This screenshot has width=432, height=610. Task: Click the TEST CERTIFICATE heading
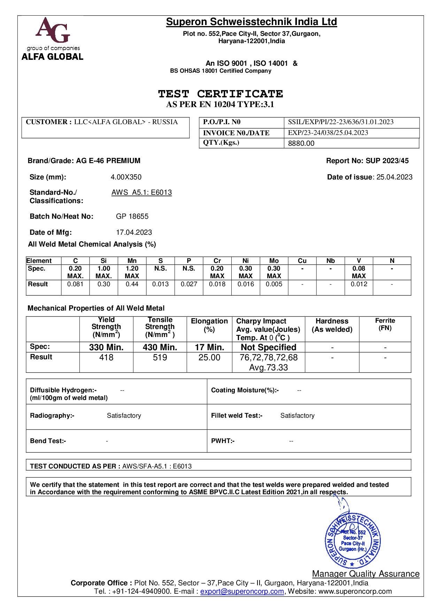pos(220,94)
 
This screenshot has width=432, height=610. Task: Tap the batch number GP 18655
pos(132,216)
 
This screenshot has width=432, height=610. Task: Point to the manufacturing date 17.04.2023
pos(134,232)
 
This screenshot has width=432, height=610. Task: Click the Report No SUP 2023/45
pos(367,161)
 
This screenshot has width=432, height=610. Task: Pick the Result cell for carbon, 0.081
pos(75,284)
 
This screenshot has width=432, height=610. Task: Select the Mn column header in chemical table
pos(132,261)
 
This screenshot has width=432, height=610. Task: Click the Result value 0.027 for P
pos(189,284)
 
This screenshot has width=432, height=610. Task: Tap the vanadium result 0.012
pos(358,284)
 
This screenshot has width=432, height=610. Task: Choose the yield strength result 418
pos(106,358)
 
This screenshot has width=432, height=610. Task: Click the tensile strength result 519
pos(160,358)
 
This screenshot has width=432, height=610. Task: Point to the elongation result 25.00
pos(209,358)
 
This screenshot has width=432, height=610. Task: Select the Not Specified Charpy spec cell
pos(268,347)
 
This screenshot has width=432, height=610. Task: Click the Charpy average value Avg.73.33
pos(268,368)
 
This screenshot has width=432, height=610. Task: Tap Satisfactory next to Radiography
pos(124,416)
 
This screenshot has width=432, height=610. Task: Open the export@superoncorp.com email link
pos(242,591)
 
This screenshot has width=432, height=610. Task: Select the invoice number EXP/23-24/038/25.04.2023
pos(328,133)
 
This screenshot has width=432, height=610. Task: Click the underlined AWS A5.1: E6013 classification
pos(141,192)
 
